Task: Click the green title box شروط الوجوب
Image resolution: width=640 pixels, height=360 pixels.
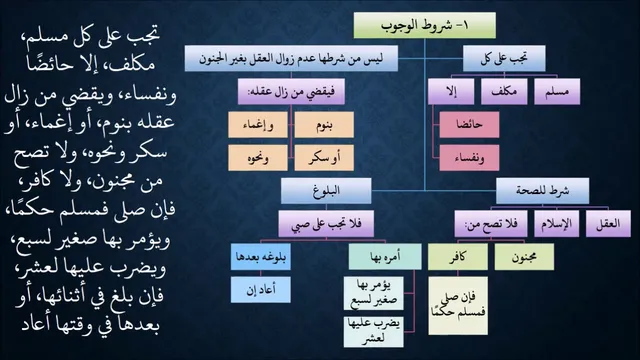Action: coord(424,25)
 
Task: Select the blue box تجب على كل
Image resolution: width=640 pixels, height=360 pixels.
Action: coord(504,58)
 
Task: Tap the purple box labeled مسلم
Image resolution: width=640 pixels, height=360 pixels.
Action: coord(557,91)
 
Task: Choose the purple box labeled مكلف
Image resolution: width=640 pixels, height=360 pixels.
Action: coord(504,91)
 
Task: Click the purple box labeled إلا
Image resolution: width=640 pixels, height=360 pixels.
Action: coord(451,91)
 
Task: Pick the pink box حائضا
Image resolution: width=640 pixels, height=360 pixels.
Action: coord(469,124)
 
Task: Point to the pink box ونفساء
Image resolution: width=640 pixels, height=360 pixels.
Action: coord(469,158)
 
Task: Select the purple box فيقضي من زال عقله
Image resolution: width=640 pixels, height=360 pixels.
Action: coord(291,91)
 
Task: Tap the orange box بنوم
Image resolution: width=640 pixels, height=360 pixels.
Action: coord(324,124)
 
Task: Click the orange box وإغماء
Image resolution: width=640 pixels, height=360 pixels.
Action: coord(258,124)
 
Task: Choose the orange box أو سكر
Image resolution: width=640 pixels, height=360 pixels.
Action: coord(324,158)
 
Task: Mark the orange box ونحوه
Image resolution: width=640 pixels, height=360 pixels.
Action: coord(258,158)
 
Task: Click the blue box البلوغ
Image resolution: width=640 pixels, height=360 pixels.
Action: coord(326,191)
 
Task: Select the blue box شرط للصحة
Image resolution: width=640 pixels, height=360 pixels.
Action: coord(542,191)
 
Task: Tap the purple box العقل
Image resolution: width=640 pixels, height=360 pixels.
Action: coord(608,224)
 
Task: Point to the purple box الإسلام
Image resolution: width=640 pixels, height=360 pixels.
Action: coord(557,224)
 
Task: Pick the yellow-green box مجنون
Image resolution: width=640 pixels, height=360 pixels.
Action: coord(524,257)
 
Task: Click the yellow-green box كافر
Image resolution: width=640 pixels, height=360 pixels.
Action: coord(458,257)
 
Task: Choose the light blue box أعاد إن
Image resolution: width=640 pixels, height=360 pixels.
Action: coord(261,290)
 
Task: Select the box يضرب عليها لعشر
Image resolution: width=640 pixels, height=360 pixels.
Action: coord(373,332)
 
